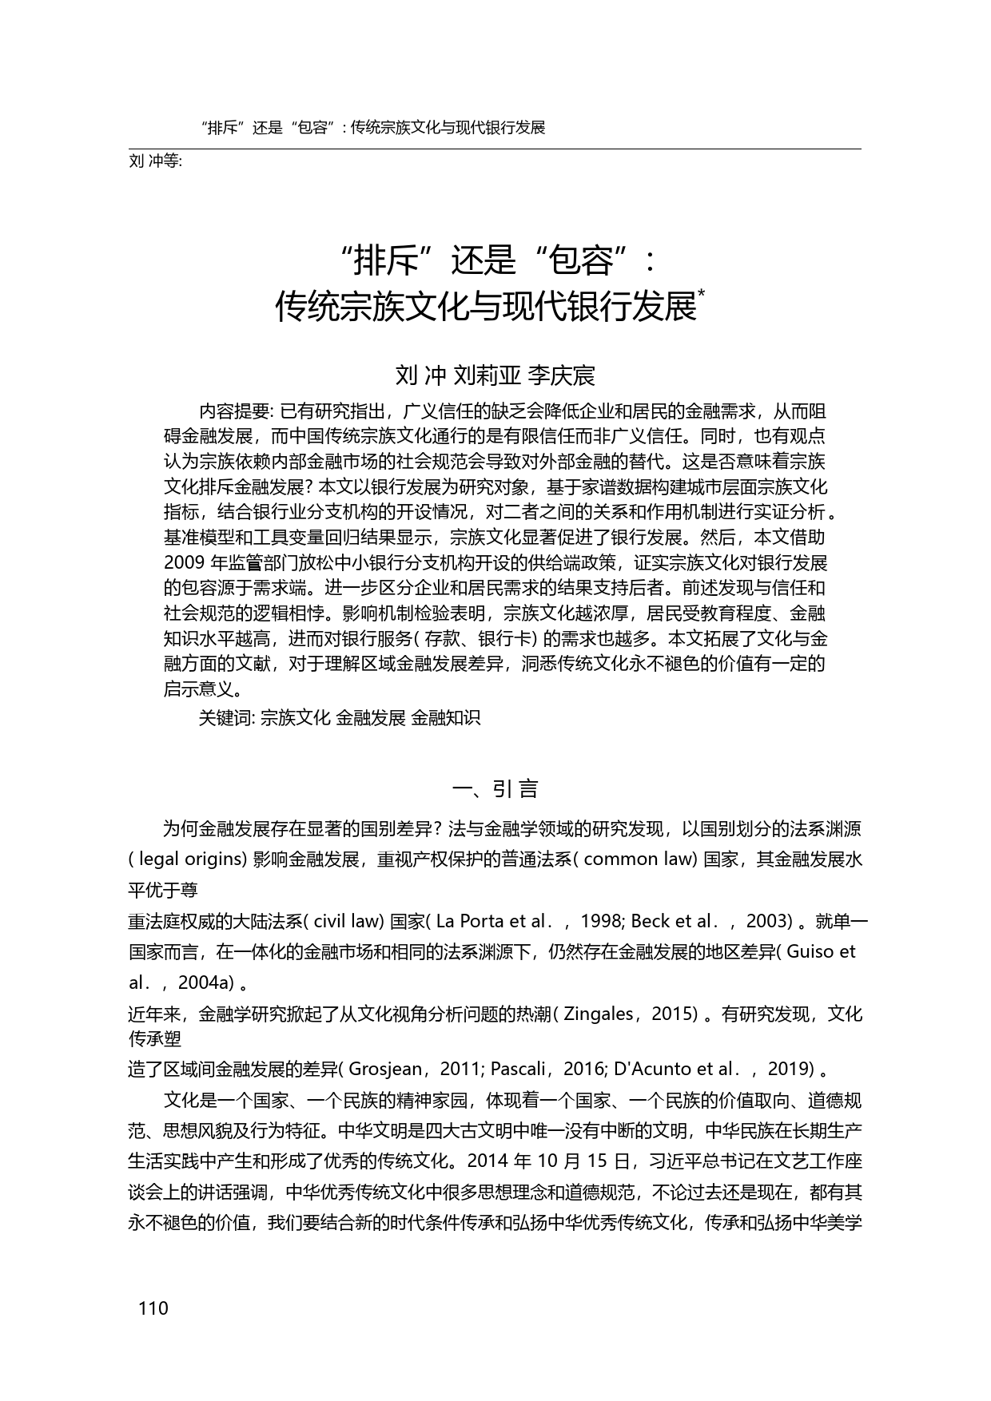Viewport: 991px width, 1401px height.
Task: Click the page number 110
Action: (153, 1308)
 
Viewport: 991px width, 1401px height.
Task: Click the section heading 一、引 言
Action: (495, 789)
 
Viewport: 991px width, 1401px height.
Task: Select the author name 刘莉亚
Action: (487, 375)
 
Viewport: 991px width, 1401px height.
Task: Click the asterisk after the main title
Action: (701, 295)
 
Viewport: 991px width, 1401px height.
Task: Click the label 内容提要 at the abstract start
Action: (234, 412)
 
